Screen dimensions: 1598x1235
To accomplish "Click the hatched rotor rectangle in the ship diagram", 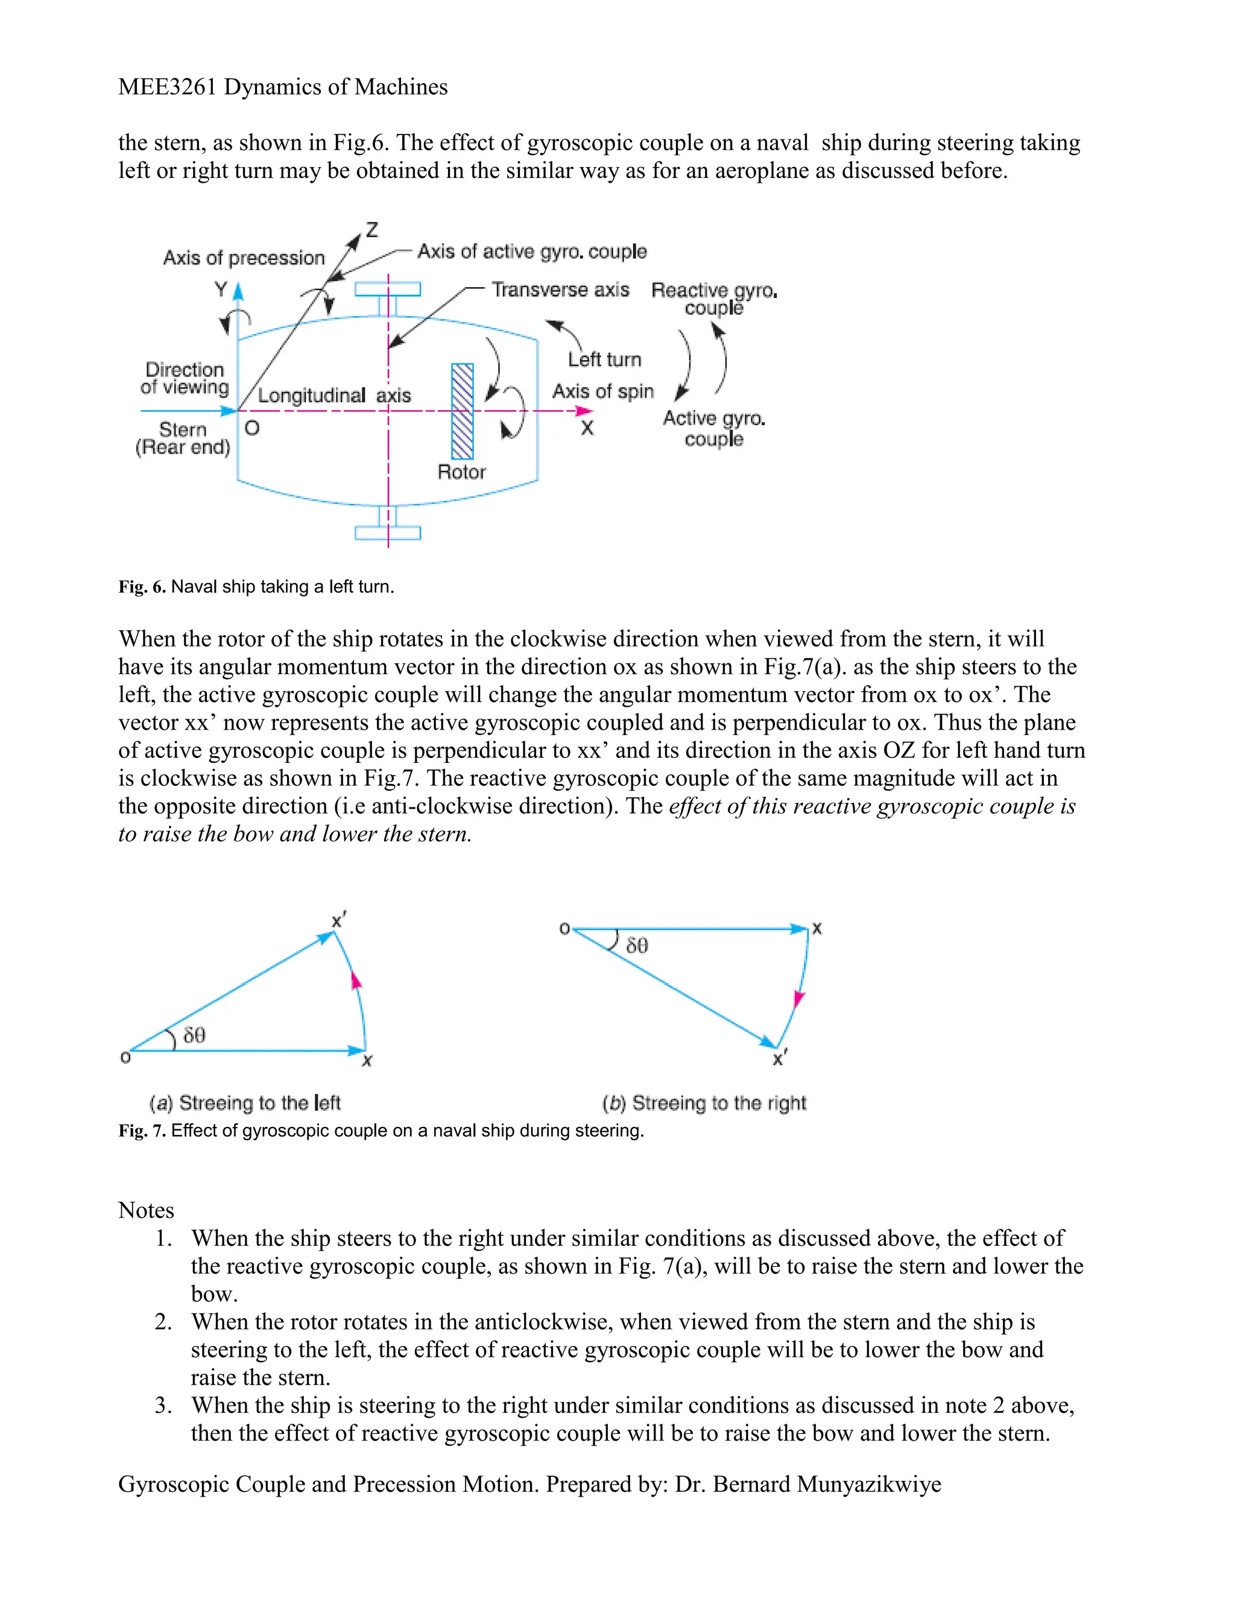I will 463,411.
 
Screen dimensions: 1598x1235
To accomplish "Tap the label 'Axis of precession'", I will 244,258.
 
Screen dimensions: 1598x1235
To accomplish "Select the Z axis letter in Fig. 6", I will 371,230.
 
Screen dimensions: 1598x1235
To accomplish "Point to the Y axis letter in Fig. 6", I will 221,289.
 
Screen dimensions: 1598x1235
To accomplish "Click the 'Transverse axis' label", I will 560,289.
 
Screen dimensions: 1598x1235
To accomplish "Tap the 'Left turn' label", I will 604,359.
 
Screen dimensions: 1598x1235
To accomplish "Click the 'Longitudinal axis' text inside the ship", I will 333,396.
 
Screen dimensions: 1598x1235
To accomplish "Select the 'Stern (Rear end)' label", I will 183,438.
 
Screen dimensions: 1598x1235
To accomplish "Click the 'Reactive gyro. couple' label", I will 713,298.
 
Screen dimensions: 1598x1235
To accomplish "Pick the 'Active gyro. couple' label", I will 713,428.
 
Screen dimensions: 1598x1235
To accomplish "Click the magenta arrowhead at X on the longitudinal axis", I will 584,411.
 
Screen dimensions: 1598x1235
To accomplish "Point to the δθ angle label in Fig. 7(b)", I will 637,946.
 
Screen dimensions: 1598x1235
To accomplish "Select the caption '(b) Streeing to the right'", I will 703,1103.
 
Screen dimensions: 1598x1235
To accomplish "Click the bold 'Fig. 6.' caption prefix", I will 142,587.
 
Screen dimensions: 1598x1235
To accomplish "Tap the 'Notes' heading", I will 147,1210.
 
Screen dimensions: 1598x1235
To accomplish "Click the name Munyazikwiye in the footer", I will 868,1485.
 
